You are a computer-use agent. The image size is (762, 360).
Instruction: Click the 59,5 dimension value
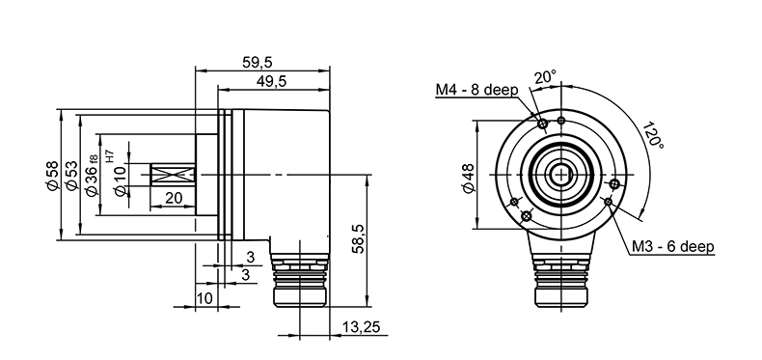pos(258,63)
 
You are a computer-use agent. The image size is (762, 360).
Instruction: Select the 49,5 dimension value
pos(271,81)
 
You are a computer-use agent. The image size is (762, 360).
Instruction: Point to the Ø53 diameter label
pos(71,175)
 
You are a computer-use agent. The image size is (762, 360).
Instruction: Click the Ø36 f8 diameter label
pos(91,175)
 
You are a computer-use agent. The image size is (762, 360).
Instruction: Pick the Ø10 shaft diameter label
pos(120,180)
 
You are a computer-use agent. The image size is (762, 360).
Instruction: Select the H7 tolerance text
pos(109,156)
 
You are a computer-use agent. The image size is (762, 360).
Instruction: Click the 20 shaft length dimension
pos(174,198)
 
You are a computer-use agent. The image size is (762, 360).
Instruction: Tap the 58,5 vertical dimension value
pos(357,238)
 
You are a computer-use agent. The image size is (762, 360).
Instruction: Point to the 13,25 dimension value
pos(361,327)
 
